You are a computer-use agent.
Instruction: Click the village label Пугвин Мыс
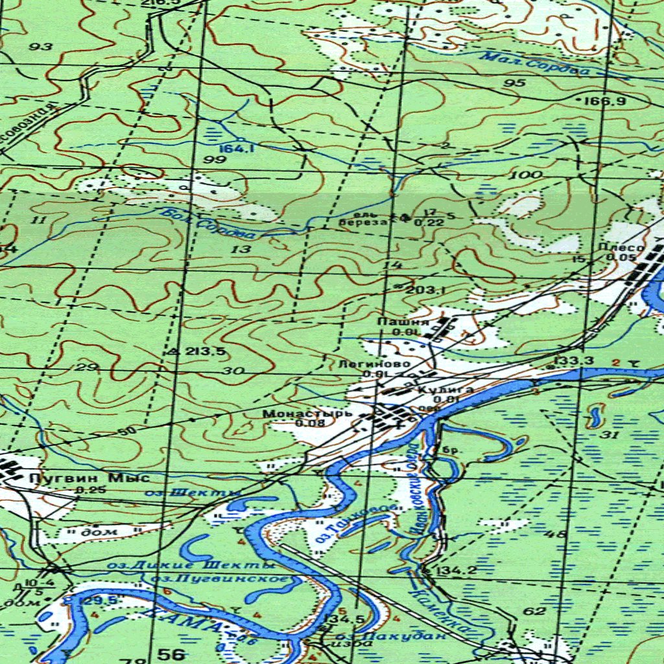(x=89, y=479)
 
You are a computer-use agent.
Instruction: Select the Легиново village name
(x=374, y=364)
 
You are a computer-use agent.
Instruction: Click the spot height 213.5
(x=205, y=351)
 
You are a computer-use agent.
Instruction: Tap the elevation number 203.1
(x=425, y=290)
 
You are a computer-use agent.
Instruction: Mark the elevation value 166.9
(x=604, y=101)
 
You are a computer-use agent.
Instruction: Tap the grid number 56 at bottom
(x=171, y=654)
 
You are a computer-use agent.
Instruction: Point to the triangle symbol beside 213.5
(x=172, y=351)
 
